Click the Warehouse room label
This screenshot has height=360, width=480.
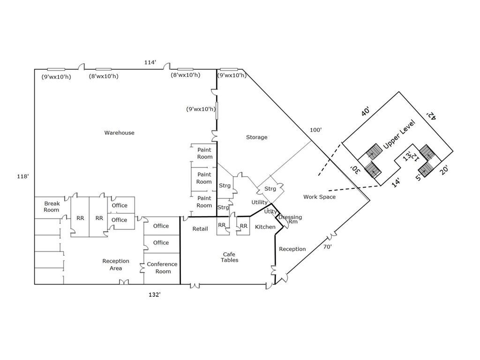[119, 133]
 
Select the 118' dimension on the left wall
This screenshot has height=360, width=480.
[23, 176]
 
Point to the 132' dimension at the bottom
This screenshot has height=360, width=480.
[155, 294]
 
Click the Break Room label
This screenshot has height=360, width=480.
[52, 207]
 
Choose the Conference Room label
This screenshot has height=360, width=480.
[162, 268]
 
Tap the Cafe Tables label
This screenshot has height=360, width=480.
[230, 257]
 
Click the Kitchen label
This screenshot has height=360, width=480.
[265, 227]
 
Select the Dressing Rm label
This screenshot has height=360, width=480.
[290, 220]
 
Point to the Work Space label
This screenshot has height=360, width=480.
[319, 197]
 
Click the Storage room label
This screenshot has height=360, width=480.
[256, 137]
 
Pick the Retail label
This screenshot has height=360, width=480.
[200, 229]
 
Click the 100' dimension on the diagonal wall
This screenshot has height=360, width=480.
[315, 130]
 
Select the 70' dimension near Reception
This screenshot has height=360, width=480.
[327, 247]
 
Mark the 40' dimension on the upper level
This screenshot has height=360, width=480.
[366, 112]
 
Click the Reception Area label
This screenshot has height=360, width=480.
[116, 264]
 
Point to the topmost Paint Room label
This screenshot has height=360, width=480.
[204, 153]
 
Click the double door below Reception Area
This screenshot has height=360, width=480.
[124, 282]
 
